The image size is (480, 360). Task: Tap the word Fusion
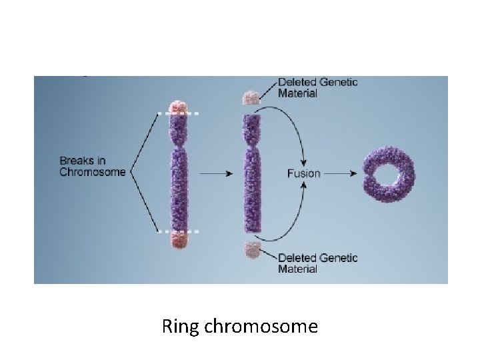coord(303,173)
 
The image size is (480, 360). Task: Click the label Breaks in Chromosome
coord(92,167)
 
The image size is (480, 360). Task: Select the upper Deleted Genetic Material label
coord(317,87)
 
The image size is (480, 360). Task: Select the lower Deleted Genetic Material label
coord(317,263)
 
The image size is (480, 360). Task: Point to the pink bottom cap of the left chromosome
coord(178,241)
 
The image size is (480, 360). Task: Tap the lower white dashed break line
coord(178,231)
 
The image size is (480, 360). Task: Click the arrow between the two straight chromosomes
coord(215,173)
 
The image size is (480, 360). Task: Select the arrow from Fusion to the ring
coord(340,173)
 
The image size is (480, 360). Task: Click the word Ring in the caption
coord(176,327)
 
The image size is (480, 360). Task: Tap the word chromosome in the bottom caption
coord(261,327)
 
